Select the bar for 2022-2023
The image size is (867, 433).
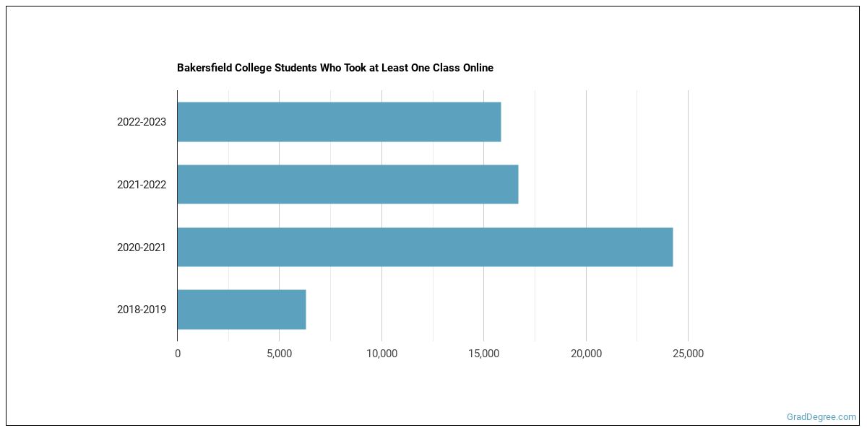pyautogui.click(x=339, y=122)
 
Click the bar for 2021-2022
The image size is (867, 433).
pyautogui.click(x=348, y=184)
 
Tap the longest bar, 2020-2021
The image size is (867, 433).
pyautogui.click(x=425, y=247)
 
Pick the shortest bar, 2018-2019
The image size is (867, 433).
pyautogui.click(x=241, y=310)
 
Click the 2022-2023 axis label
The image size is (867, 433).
pyautogui.click(x=142, y=122)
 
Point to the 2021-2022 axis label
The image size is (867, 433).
pyautogui.click(x=142, y=185)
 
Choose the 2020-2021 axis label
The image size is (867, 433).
pyautogui.click(x=142, y=248)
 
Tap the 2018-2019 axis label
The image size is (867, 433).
pyautogui.click(x=142, y=310)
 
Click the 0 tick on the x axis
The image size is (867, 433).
pyautogui.click(x=178, y=354)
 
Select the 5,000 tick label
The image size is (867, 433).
pyautogui.click(x=280, y=354)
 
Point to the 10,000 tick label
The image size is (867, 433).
pyautogui.click(x=381, y=354)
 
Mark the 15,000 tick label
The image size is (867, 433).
pyautogui.click(x=484, y=354)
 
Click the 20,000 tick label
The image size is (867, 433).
pyautogui.click(x=586, y=354)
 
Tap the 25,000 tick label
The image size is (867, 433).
pyautogui.click(x=688, y=354)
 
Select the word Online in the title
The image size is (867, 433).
pyautogui.click(x=477, y=68)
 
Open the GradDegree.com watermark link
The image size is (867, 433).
pyautogui.click(x=821, y=417)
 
